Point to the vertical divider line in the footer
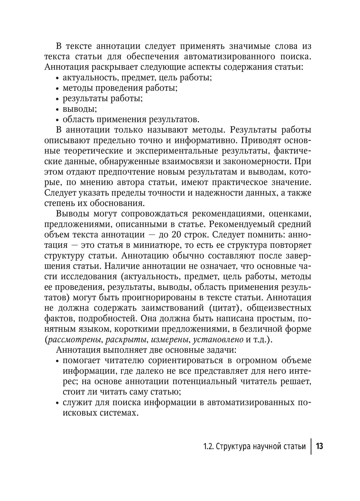click(311, 447)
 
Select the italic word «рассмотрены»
click(72, 340)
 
